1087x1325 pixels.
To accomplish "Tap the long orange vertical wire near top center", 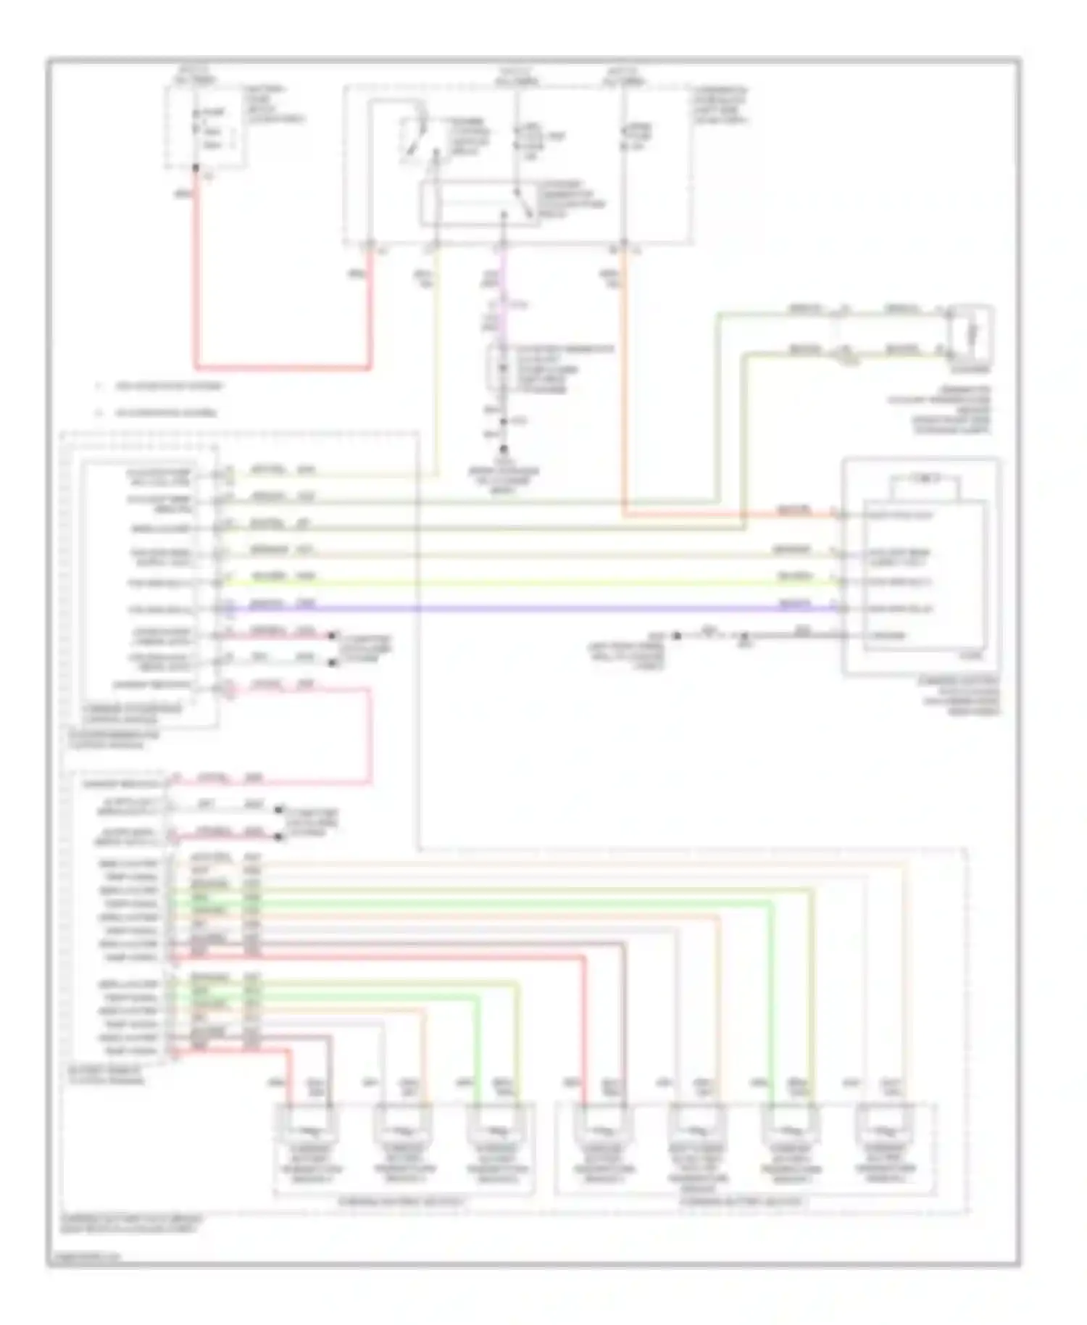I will (x=623, y=377).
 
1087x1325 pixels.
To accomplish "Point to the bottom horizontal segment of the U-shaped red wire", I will (x=283, y=367).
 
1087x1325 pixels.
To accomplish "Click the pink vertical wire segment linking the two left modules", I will (x=370, y=736).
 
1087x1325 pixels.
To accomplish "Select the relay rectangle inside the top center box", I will (x=478, y=204).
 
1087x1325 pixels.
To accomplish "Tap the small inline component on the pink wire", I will (x=500, y=370).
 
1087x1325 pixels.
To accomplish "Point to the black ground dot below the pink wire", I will (x=504, y=449).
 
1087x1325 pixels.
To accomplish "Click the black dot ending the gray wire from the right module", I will (x=676, y=636).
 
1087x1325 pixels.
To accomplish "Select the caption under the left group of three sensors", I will (x=402, y=1202).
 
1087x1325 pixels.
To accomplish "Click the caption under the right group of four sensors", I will (x=741, y=1202).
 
